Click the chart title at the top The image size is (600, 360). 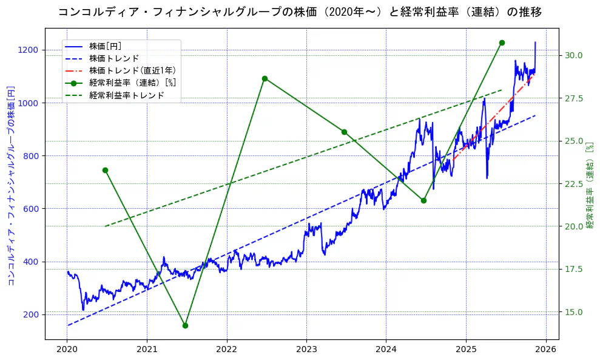pos(300,12)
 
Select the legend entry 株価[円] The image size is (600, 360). pos(109,46)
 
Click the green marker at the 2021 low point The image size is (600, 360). pos(185,325)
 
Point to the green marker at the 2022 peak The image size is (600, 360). pos(265,78)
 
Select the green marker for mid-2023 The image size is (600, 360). pos(344,132)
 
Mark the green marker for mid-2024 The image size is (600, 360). pos(423,200)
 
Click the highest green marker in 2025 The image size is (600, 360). pos(502,42)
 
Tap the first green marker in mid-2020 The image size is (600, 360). pos(105,170)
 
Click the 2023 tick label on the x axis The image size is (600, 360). pos(306,349)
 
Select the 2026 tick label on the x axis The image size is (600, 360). pos(545,349)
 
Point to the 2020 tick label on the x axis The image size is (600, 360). pos(67,349)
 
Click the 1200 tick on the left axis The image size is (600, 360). pos(30,50)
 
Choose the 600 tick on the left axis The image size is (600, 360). pos(32,209)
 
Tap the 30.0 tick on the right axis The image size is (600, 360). pos(574,55)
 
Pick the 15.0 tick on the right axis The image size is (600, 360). pos(574,312)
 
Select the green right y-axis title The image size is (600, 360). pos(590,185)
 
